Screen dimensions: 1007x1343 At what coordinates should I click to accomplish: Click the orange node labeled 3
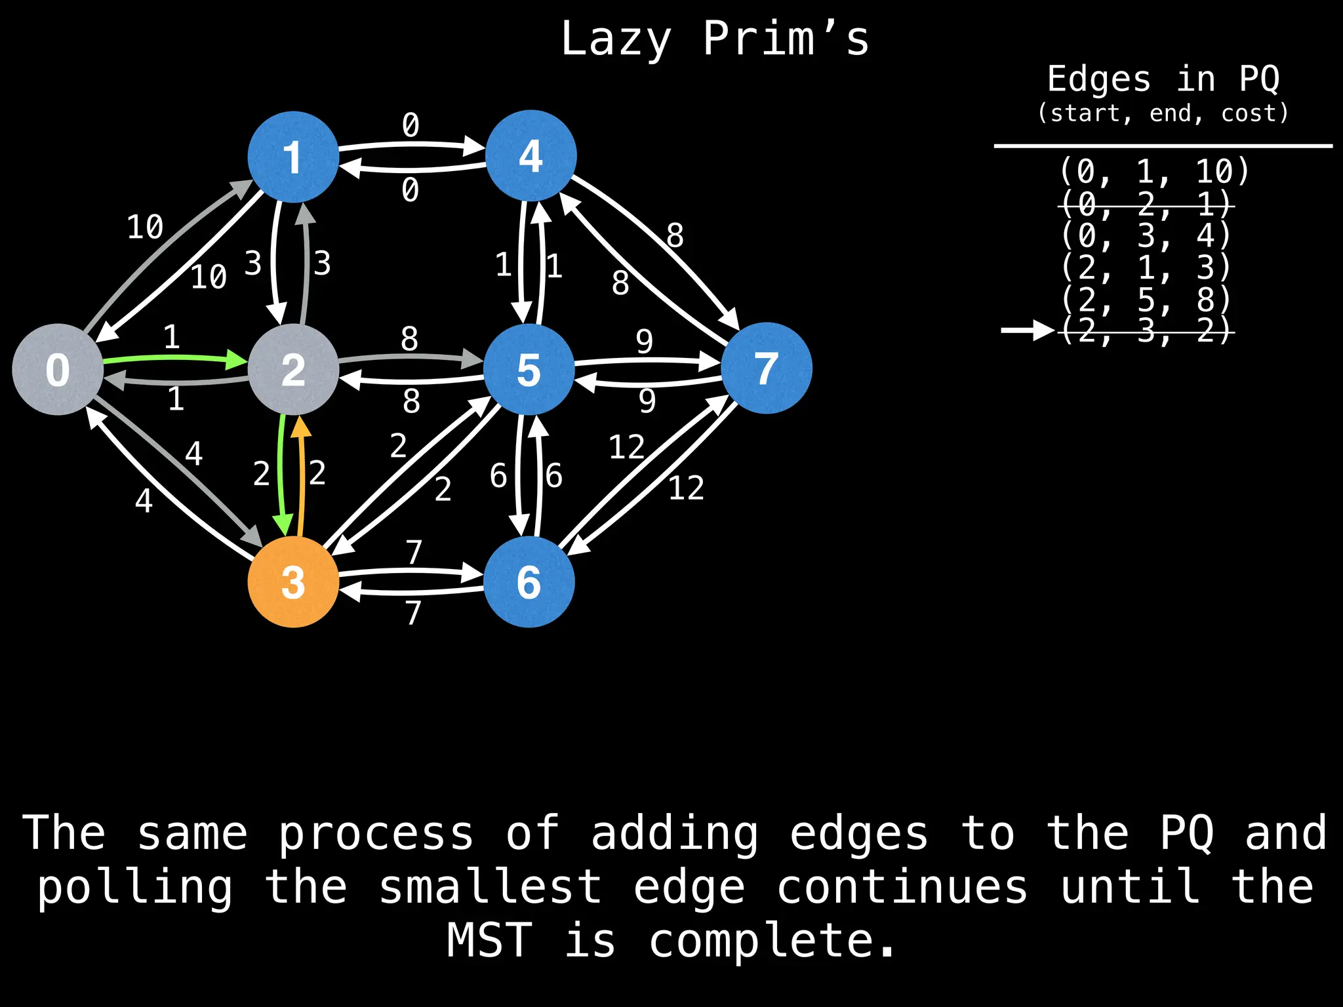click(293, 582)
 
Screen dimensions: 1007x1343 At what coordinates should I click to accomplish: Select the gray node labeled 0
click(58, 369)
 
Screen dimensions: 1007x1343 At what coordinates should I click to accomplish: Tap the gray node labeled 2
click(293, 369)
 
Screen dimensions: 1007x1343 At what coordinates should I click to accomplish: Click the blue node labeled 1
click(293, 157)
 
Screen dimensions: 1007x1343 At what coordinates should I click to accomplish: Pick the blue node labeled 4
click(531, 155)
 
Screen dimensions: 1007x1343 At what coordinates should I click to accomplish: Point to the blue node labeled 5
click(529, 369)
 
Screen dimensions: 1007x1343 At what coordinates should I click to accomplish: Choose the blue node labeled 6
click(529, 582)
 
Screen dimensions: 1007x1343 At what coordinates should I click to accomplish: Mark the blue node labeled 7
click(766, 368)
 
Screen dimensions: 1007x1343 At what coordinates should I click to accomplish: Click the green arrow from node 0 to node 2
click(174, 358)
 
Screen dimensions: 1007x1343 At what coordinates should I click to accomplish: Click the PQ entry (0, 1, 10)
click(1154, 172)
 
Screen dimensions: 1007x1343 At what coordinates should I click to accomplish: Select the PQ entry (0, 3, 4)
click(1146, 235)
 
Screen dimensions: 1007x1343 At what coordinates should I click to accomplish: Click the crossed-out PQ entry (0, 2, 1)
click(1146, 205)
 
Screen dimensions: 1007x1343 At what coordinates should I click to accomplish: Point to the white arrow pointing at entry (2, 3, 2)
click(1027, 330)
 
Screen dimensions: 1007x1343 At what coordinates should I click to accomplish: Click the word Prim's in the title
click(786, 39)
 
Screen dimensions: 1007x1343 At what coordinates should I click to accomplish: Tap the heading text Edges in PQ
click(1163, 79)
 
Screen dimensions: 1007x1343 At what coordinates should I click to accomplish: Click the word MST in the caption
click(489, 940)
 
